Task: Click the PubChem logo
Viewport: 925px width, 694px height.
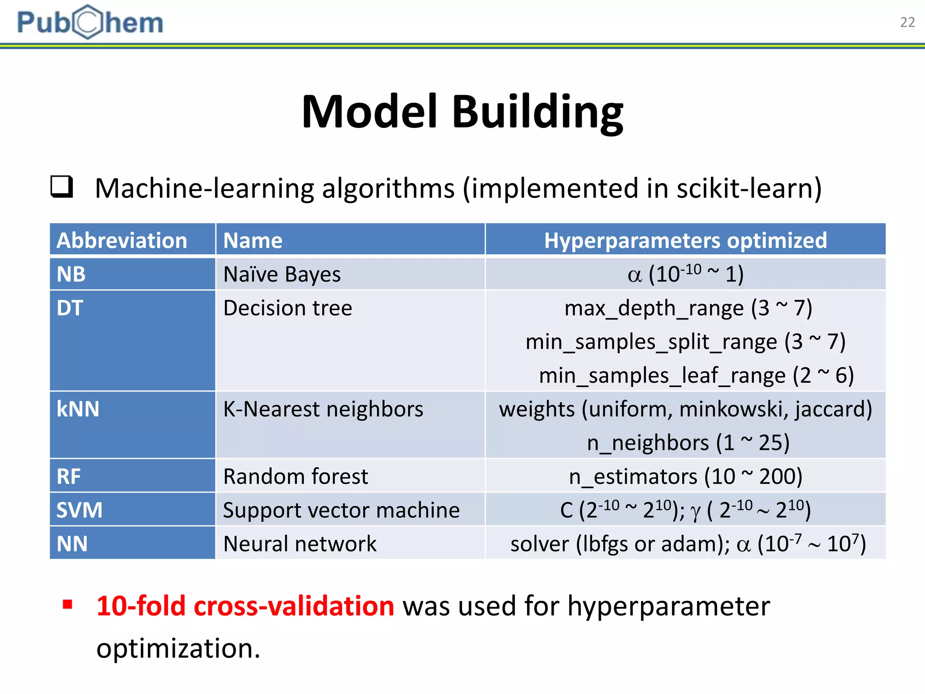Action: click(90, 22)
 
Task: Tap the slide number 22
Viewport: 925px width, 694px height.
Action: click(907, 22)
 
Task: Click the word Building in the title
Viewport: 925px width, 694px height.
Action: click(537, 112)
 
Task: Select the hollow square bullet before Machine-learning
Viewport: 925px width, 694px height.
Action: click(61, 187)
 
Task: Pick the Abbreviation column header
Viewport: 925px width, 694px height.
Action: click(122, 240)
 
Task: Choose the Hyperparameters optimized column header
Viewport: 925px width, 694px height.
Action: click(685, 240)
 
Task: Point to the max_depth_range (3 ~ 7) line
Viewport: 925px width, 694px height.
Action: click(688, 308)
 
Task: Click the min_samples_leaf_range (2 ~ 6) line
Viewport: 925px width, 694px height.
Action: click(696, 375)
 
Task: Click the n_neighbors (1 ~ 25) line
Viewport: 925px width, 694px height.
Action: click(688, 443)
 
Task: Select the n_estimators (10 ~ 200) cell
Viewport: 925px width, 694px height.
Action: click(685, 477)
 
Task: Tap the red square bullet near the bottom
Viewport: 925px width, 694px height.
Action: click(68, 605)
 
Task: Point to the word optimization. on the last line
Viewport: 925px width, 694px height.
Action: click(178, 648)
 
